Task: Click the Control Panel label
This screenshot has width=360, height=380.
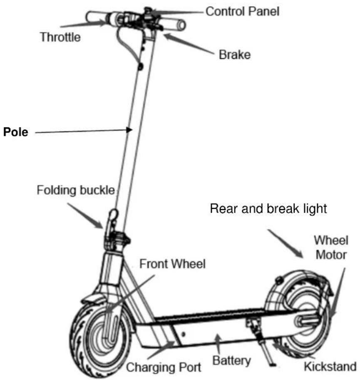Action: coord(242,11)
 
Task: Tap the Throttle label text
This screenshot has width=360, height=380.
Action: coord(60,37)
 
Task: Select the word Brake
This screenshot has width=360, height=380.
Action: coord(235,55)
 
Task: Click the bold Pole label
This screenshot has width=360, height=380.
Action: coord(16,132)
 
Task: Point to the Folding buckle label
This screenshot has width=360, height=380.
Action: coord(76,190)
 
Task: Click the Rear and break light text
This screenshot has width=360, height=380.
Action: coord(268,208)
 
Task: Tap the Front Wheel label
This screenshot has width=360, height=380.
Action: coord(172,264)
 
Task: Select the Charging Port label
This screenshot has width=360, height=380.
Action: coord(164,367)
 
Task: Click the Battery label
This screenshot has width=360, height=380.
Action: coord(231,360)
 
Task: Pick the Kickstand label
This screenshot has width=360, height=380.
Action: coord(330,366)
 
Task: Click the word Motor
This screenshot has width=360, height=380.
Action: coord(331,255)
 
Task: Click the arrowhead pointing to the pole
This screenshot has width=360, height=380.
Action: coord(129,130)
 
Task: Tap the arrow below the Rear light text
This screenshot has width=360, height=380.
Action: coord(286,244)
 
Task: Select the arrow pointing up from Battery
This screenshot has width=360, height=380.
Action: coord(218,344)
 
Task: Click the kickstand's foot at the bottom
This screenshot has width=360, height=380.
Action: coord(273,364)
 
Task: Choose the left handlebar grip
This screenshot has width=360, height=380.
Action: coord(97,17)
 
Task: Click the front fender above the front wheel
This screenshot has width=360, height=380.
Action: coord(93,296)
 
